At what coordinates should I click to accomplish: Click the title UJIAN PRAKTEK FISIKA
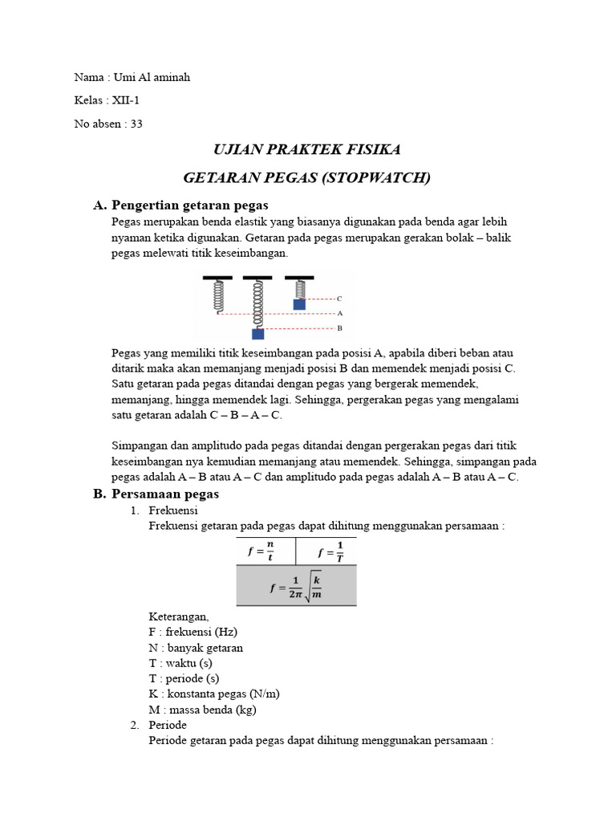[306, 150]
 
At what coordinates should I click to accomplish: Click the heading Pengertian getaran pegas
[190, 205]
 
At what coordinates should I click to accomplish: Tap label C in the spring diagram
[339, 299]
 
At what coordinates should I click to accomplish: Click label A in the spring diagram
[339, 313]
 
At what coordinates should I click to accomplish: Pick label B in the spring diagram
[339, 328]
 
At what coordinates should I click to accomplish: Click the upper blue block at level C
[299, 304]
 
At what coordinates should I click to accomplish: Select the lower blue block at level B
[258, 333]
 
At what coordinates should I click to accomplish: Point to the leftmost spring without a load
[217, 296]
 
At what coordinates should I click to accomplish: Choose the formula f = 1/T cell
[330, 551]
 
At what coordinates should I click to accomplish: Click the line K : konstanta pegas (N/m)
[214, 694]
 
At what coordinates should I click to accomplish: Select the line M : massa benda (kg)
[202, 709]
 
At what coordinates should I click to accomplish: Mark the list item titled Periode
[168, 725]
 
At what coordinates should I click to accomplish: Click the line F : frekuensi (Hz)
[192, 633]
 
